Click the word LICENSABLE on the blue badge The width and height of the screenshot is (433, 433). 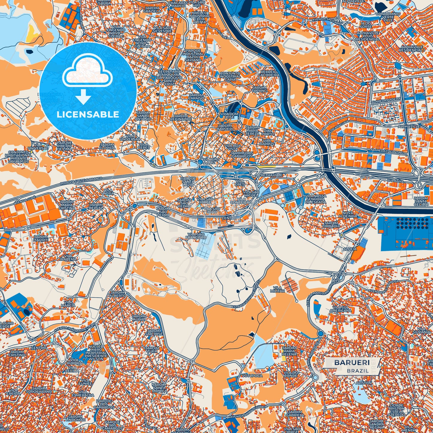88,114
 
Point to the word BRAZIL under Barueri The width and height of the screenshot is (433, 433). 358,371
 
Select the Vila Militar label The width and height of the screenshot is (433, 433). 277,289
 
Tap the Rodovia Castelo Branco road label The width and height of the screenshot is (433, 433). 81,181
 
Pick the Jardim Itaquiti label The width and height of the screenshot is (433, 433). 41,239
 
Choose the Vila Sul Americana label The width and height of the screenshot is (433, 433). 340,309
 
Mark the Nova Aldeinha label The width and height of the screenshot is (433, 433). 348,214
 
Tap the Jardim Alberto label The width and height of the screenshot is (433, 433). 118,294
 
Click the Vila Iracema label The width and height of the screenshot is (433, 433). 68,257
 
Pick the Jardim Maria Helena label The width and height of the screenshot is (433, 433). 289,351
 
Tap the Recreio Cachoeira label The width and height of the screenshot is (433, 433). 270,73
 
